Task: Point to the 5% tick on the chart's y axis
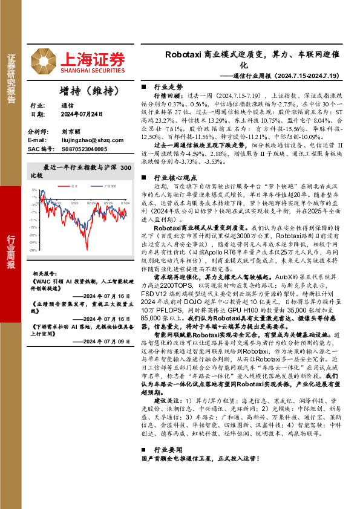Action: pyautogui.click(x=34, y=190)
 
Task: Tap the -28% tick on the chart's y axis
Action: pyautogui.click(x=33, y=250)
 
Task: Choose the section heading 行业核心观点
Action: pyautogui.click(x=172, y=178)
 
